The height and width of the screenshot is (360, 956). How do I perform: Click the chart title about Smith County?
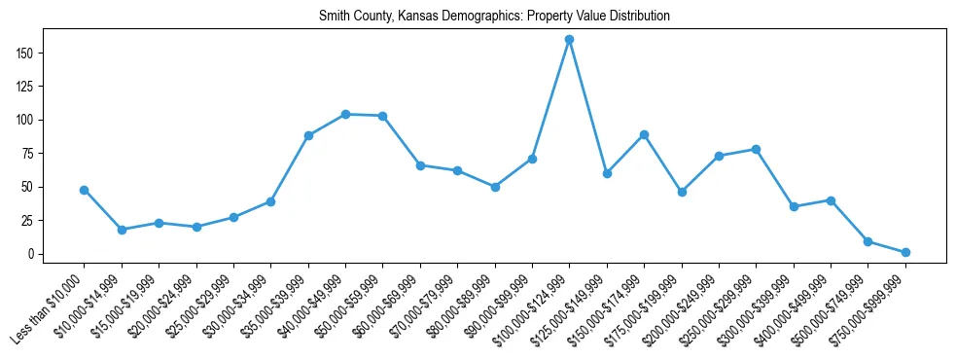point(495,17)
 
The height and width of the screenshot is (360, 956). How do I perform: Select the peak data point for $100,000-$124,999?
point(570,40)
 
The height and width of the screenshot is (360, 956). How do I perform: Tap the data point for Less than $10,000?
point(85,190)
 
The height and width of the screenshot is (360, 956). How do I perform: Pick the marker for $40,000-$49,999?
point(345,114)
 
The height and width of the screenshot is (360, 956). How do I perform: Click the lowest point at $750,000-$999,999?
point(905,252)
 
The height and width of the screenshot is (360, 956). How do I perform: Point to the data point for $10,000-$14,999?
point(122,230)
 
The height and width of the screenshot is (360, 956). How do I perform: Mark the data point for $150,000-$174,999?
point(644,134)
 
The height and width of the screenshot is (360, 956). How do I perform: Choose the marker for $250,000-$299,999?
point(756,149)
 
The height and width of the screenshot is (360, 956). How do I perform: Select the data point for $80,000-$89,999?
point(495,187)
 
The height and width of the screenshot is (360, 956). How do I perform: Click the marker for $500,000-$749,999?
point(867,241)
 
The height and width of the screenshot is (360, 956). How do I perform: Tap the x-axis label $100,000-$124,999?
point(533,309)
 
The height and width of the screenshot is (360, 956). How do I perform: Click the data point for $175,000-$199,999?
point(682,192)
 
